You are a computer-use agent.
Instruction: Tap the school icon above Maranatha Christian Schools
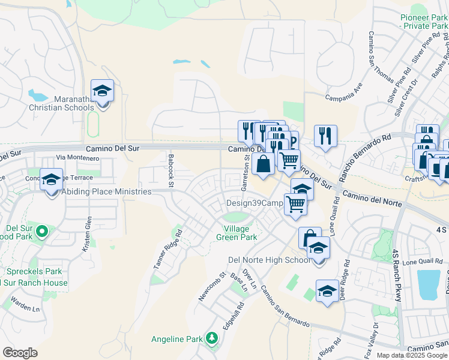pyautogui.click(x=103, y=92)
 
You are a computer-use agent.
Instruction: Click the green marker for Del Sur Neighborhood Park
pyautogui.click(x=42, y=231)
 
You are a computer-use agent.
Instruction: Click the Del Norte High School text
pyautogui.click(x=270, y=260)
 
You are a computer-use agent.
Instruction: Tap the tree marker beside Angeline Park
pyautogui.click(x=211, y=339)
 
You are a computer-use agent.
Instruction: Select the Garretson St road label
pyautogui.click(x=244, y=174)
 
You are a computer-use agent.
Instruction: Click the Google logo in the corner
pyautogui.click(x=20, y=352)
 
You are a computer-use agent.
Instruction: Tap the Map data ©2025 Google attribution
pyautogui.click(x=411, y=355)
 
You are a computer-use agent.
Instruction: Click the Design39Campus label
pyautogui.click(x=254, y=203)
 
